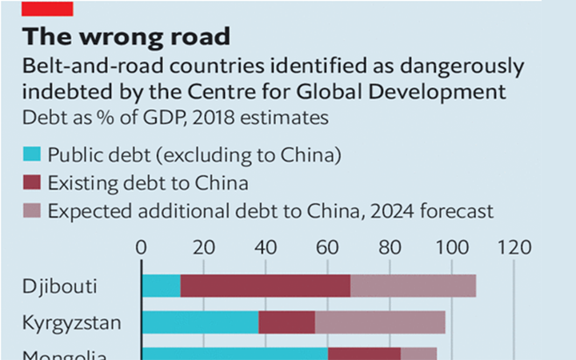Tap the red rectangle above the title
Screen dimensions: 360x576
tap(48, 8)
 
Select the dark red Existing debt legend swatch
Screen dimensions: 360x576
tap(31, 184)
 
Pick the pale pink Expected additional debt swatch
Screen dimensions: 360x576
tap(31, 212)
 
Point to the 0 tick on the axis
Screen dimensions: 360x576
tap(142, 248)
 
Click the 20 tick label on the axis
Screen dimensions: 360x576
tap(203, 248)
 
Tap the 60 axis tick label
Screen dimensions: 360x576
tap(327, 248)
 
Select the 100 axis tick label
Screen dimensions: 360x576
tap(451, 248)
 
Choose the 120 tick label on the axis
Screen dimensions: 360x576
tap(514, 248)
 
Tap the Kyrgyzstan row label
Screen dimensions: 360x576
tap(73, 323)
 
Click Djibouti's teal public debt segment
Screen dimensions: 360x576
tap(161, 286)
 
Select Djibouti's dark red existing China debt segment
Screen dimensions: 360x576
tap(265, 286)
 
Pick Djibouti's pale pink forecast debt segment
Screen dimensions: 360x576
tap(413, 286)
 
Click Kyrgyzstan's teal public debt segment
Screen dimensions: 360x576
tap(200, 322)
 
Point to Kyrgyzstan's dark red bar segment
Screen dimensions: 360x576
tap(286, 322)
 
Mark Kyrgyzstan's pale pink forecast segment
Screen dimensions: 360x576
tap(380, 322)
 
